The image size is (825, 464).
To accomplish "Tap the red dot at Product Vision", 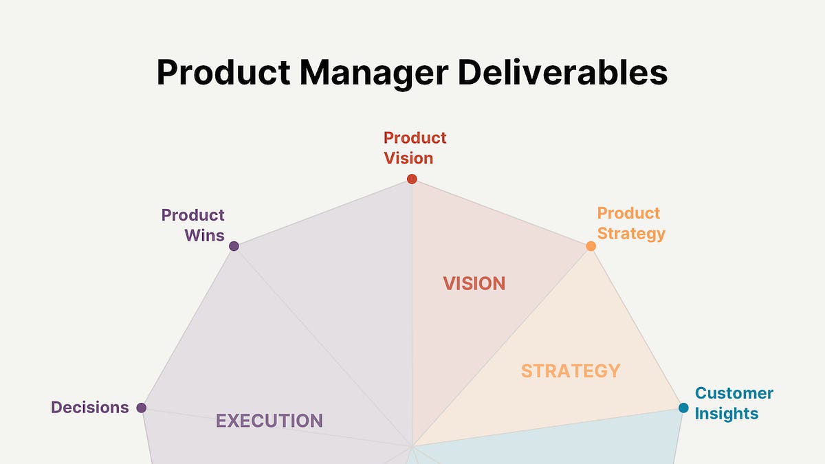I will tap(412, 179).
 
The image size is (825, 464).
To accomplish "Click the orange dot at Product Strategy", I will tap(591, 245).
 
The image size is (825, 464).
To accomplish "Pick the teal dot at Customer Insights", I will tap(683, 408).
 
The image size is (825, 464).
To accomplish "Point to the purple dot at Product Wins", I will tap(234, 246).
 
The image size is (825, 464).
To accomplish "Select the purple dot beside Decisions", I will tap(142, 408).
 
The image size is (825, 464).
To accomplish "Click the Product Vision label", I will tap(415, 148).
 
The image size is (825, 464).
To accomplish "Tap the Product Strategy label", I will tap(630, 223).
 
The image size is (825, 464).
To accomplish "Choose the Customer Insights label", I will tap(734, 404).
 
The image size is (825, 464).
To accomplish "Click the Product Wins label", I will tap(193, 225).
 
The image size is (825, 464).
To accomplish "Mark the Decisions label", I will tap(90, 408).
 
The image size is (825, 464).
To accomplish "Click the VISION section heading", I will tap(474, 283).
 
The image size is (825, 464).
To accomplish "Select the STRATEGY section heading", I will tap(570, 371).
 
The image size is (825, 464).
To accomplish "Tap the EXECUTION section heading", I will tap(269, 421).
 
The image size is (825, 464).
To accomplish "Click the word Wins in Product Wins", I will tap(204, 236).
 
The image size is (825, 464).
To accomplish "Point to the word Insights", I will tap(727, 414).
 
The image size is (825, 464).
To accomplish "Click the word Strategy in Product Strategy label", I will tap(631, 234).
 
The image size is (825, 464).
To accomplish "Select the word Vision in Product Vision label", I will tap(408, 158).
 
